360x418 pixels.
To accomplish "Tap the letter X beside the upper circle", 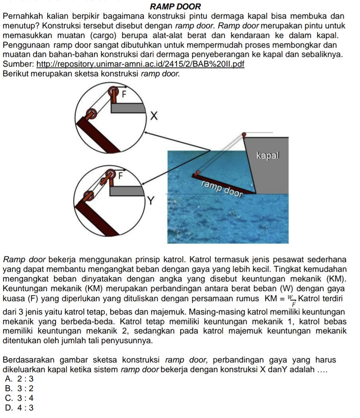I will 153,116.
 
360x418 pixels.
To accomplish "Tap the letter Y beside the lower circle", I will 151,201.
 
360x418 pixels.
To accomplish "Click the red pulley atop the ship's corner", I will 244,134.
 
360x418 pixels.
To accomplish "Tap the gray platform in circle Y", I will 127,191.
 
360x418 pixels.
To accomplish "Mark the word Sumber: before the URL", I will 18,64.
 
